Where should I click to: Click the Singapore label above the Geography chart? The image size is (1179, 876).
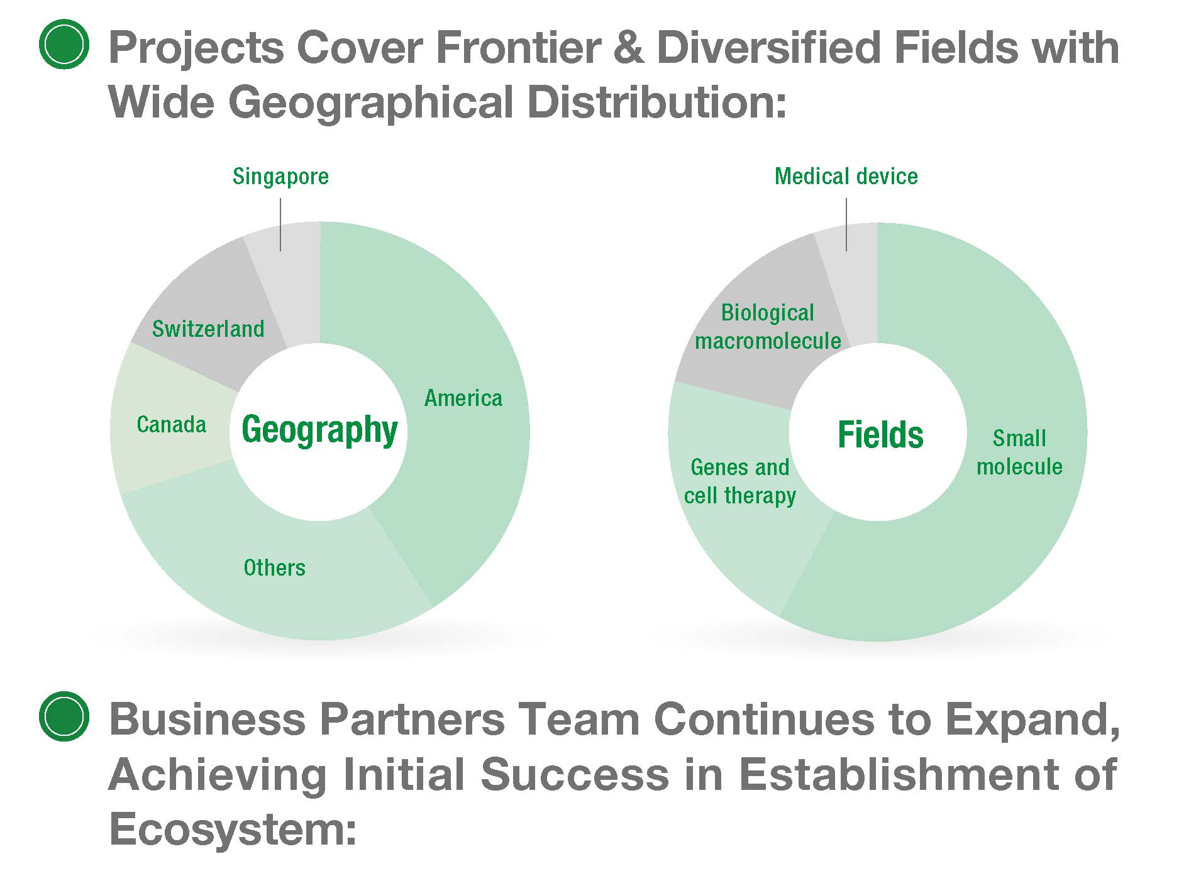[280, 177]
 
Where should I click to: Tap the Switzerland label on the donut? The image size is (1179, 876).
[208, 329]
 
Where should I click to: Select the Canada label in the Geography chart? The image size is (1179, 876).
[171, 424]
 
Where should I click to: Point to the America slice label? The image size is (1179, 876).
[463, 398]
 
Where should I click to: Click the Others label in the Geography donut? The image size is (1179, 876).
[274, 567]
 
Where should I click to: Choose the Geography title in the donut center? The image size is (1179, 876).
[319, 430]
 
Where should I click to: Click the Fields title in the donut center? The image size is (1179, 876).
[880, 434]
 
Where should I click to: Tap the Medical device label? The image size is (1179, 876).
[846, 176]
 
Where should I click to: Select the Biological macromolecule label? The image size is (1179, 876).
[768, 327]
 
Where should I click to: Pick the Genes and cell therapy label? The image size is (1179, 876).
[740, 481]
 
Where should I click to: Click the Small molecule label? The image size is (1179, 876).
[1019, 452]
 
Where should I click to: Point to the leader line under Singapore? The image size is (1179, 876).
[280, 225]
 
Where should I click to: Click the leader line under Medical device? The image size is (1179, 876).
[846, 224]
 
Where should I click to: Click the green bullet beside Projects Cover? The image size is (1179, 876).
[64, 45]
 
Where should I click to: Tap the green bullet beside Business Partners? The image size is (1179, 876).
[64, 716]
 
